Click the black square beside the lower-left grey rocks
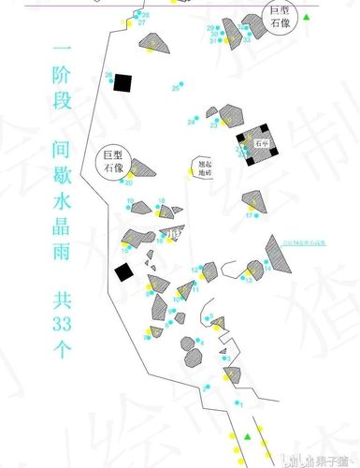tap(122, 272)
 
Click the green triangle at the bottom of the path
tap(248, 437)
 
